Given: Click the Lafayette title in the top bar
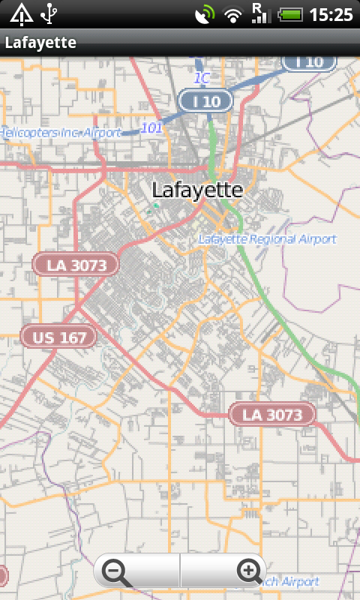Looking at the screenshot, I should click(40, 43).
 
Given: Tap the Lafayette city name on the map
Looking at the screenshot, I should click(197, 190).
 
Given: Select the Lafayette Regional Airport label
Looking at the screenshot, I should click(268, 239).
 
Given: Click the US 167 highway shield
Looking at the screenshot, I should click(59, 337).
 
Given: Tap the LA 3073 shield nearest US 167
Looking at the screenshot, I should click(76, 264).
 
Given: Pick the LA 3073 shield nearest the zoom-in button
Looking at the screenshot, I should click(272, 414).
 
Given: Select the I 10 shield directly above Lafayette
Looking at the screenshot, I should click(205, 100).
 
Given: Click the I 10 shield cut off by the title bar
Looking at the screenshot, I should click(308, 62).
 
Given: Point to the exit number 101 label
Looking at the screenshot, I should click(151, 128).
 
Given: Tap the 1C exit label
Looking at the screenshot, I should click(201, 78).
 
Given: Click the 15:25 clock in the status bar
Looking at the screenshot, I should click(331, 14).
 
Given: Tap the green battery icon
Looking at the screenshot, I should click(290, 14).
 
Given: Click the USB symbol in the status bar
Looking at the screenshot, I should click(49, 14).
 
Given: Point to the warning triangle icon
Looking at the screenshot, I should click(21, 14).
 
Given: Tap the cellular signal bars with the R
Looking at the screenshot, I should click(260, 13).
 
